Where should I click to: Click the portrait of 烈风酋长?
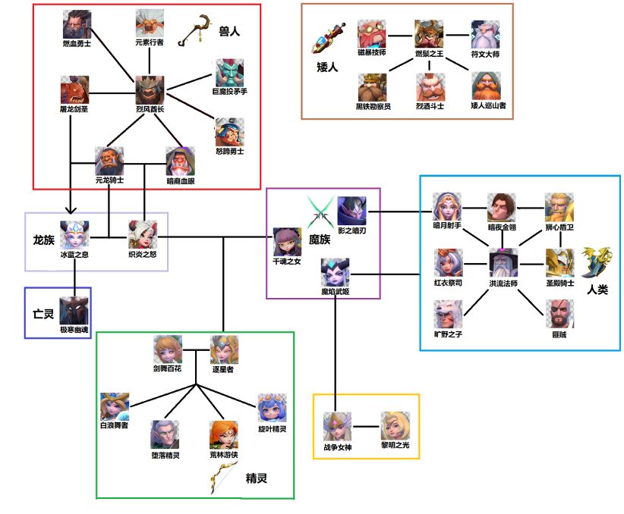tap(150, 90)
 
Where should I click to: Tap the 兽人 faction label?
tap(228, 32)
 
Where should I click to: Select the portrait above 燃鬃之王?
tap(429, 35)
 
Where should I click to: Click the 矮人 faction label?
tap(327, 67)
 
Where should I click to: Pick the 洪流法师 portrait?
tap(503, 263)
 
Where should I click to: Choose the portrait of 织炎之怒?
tap(143, 234)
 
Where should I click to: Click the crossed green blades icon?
tap(319, 208)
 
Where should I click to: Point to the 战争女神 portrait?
tap(338, 426)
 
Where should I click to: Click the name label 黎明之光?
tap(395, 446)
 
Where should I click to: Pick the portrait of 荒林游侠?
tap(224, 435)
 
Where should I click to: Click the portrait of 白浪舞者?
tap(115, 407)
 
